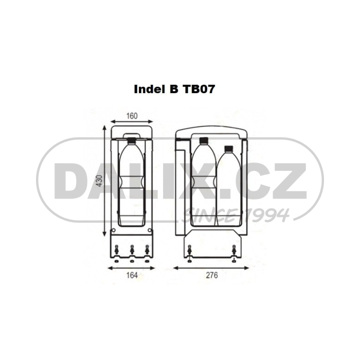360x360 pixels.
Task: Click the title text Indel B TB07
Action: click(x=174, y=88)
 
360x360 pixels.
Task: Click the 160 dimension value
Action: click(x=132, y=116)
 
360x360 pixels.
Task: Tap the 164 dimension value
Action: click(x=132, y=276)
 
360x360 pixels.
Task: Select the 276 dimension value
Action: click(x=211, y=276)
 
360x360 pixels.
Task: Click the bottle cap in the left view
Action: click(x=131, y=139)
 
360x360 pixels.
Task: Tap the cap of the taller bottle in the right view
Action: click(x=203, y=139)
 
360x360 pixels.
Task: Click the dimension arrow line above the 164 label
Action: click(x=132, y=267)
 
